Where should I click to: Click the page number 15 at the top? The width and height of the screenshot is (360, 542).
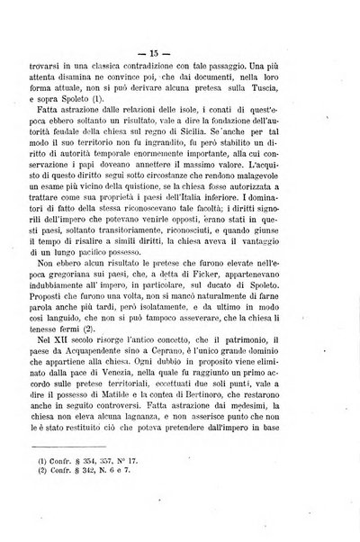178,19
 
